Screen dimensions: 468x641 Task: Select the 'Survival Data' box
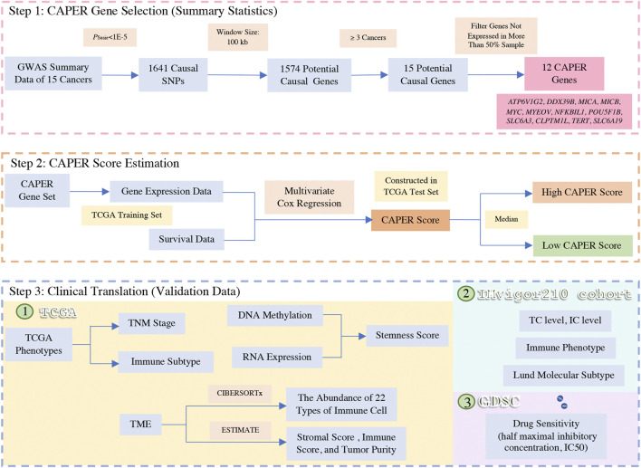pos(160,240)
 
